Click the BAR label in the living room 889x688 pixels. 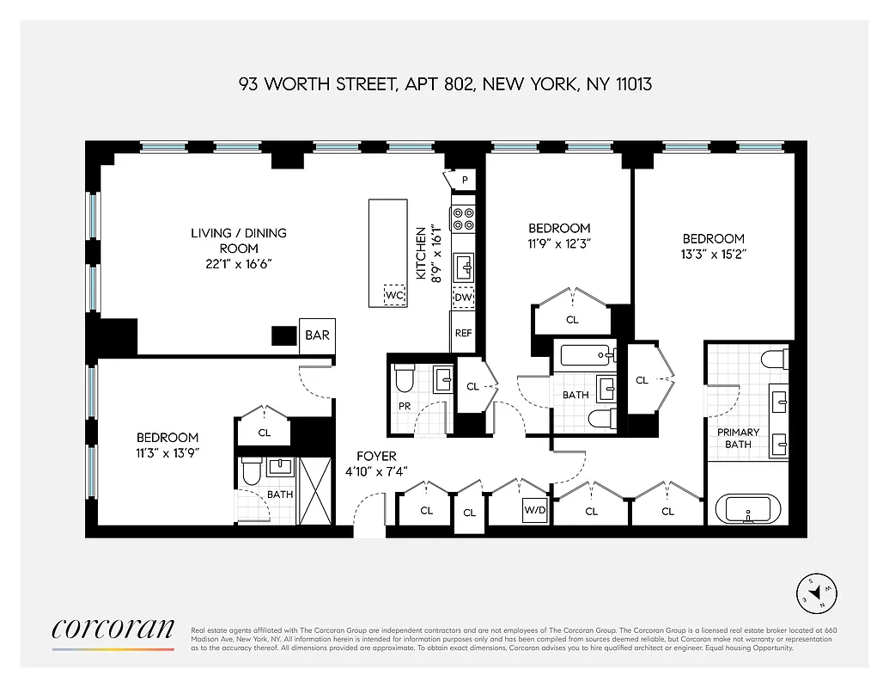317,335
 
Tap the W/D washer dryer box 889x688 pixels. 535,511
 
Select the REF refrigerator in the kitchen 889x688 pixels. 463,333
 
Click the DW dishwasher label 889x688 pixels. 463,297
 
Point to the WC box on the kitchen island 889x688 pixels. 394,295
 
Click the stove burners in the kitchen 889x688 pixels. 463,218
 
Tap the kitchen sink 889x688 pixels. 464,267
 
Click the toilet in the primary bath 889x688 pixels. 774,358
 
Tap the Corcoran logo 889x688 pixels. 113,629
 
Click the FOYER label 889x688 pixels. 377,457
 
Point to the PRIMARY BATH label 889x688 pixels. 738,438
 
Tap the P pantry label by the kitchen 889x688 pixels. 465,180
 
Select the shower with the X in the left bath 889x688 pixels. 314,491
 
